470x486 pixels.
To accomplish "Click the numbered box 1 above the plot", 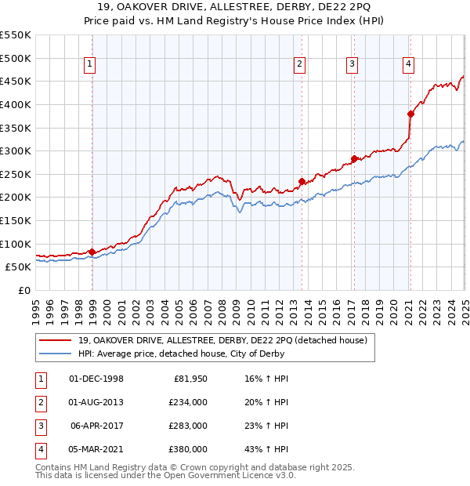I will pyautogui.click(x=91, y=64).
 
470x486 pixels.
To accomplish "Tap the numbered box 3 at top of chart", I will pyautogui.click(x=352, y=64).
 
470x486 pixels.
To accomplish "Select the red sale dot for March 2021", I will pyautogui.click(x=410, y=113).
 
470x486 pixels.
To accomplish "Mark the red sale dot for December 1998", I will pyautogui.click(x=92, y=252).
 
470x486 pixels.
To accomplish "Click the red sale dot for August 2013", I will pyautogui.click(x=302, y=181).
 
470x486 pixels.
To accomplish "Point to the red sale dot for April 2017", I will pyautogui.click(x=354, y=158).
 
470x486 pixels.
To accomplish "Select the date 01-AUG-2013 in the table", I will pyautogui.click(x=96, y=402).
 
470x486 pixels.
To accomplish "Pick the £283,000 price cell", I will pyautogui.click(x=188, y=426).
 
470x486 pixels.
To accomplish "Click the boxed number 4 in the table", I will pyautogui.click(x=40, y=449).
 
